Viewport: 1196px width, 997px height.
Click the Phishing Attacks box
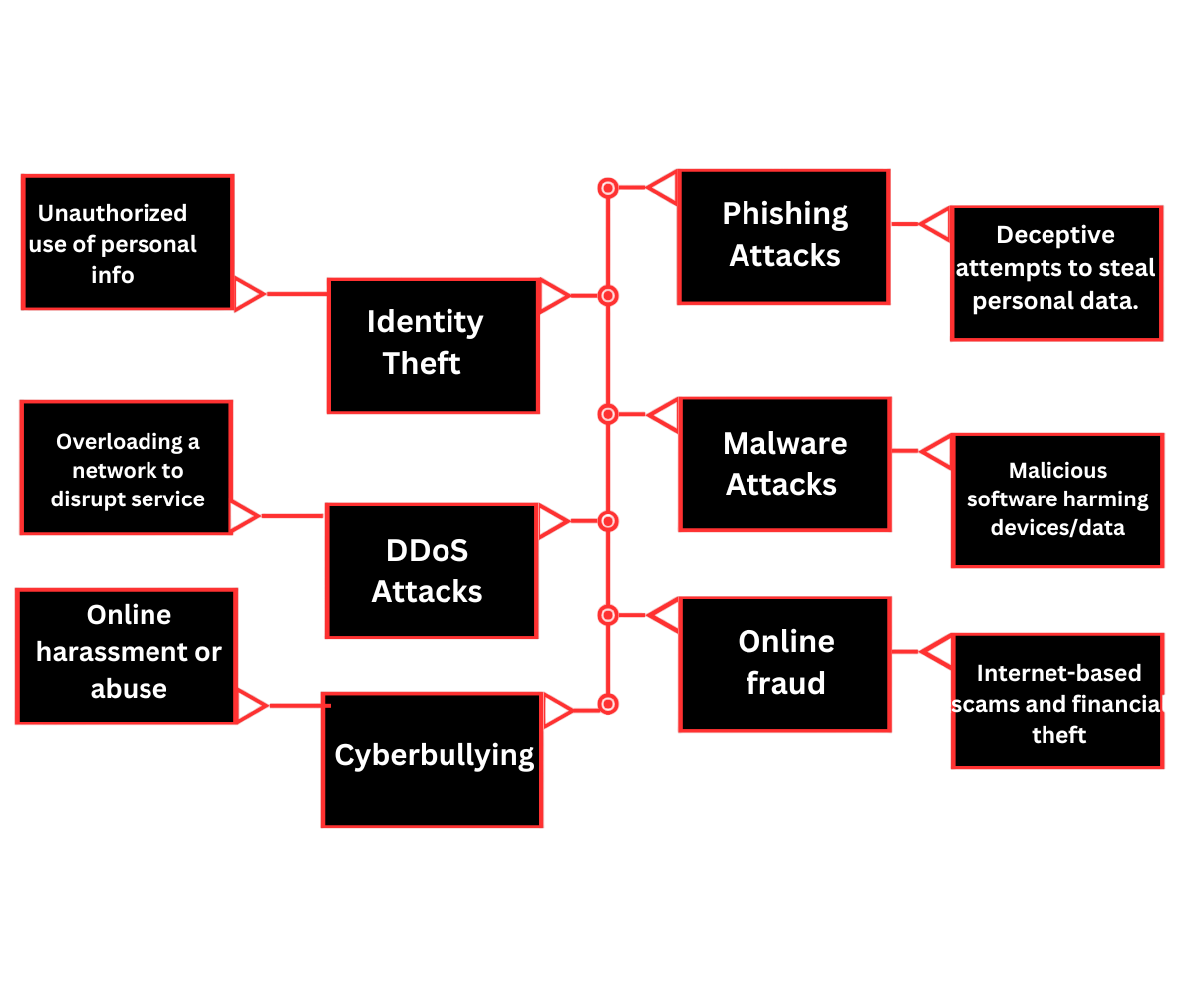point(783,236)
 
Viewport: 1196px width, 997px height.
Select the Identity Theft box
point(434,345)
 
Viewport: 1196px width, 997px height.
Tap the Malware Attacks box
point(784,464)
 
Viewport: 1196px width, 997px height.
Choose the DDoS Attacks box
point(432,570)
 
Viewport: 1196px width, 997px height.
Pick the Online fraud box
point(784,663)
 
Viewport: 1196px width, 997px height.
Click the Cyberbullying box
point(433,759)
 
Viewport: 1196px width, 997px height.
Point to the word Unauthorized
point(113,213)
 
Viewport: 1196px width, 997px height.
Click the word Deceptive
point(1055,235)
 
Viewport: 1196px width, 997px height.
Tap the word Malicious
point(1057,470)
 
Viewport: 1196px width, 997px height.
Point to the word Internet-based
point(1058,673)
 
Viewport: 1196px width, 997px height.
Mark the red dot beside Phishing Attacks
point(607,188)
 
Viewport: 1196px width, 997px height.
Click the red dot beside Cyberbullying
point(608,705)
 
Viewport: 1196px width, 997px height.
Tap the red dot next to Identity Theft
point(608,296)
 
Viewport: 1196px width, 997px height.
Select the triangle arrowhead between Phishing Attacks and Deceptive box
point(935,225)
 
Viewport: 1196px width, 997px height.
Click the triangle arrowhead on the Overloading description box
point(245,515)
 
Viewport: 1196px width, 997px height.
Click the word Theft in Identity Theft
point(422,364)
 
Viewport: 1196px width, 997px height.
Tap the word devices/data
point(1057,528)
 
